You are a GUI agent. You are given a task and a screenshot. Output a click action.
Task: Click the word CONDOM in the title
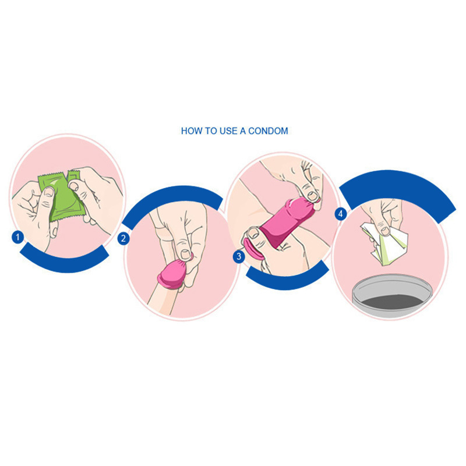[268, 130]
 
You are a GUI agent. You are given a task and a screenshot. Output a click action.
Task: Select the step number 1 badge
[18, 237]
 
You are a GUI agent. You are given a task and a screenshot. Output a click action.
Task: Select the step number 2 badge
[123, 239]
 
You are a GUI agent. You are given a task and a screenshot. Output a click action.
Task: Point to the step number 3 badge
[239, 256]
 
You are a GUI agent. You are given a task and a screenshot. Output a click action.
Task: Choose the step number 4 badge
[341, 214]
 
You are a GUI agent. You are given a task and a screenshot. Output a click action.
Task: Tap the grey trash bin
[391, 294]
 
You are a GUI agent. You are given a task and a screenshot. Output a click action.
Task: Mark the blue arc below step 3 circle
[287, 280]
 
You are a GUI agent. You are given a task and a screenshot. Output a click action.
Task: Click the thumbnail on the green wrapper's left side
[49, 192]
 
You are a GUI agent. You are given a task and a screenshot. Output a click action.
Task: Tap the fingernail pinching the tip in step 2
[186, 255]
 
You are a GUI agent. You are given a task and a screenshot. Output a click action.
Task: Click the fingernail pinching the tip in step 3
[312, 195]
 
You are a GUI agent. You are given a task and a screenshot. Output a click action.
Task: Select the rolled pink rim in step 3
[252, 249]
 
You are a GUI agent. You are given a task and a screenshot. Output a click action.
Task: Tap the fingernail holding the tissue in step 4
[385, 231]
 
